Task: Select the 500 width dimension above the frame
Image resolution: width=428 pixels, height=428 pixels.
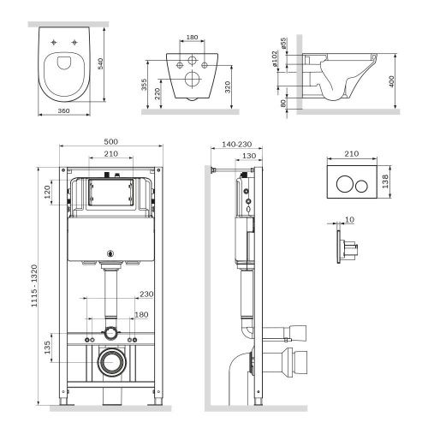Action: (112, 141)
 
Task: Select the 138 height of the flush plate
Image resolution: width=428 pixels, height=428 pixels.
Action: (387, 181)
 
